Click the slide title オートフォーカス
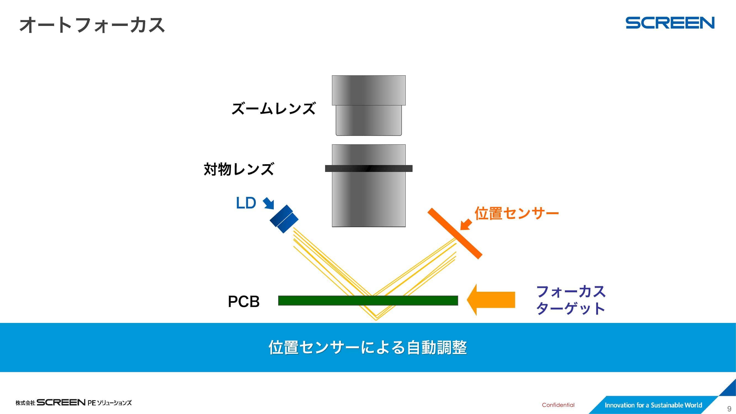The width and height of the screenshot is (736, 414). pos(92,25)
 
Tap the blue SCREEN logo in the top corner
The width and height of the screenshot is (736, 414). pos(670,23)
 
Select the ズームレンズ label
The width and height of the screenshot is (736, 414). pos(273,108)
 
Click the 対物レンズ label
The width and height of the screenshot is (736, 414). pos(239,169)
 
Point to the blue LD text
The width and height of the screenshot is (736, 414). pos(246,203)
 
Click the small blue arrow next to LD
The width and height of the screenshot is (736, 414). pos(269,203)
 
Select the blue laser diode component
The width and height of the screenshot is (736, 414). pos(284,219)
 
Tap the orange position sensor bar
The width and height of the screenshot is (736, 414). pos(455,233)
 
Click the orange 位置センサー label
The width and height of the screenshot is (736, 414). pos(517,213)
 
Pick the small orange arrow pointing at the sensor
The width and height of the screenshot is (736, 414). pos(466,224)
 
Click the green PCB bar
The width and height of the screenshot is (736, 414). pos(368,301)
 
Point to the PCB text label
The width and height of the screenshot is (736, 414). pos(244,301)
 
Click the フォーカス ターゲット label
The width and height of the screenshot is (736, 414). pos(571,300)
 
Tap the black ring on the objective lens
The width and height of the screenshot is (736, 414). pos(369,169)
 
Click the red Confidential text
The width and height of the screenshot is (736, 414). pos(558,405)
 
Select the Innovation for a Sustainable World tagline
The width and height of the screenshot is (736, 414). pos(653,405)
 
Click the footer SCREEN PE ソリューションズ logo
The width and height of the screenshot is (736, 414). pos(74,403)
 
